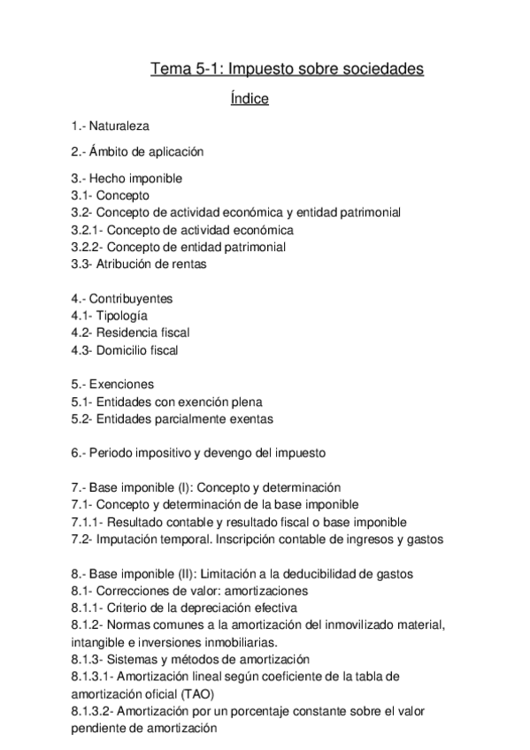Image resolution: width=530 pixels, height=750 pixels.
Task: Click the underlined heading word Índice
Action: pyautogui.click(x=249, y=98)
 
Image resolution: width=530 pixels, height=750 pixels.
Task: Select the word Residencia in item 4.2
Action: pyautogui.click(x=127, y=333)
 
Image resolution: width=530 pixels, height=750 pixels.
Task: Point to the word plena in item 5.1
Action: pyautogui.click(x=247, y=402)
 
